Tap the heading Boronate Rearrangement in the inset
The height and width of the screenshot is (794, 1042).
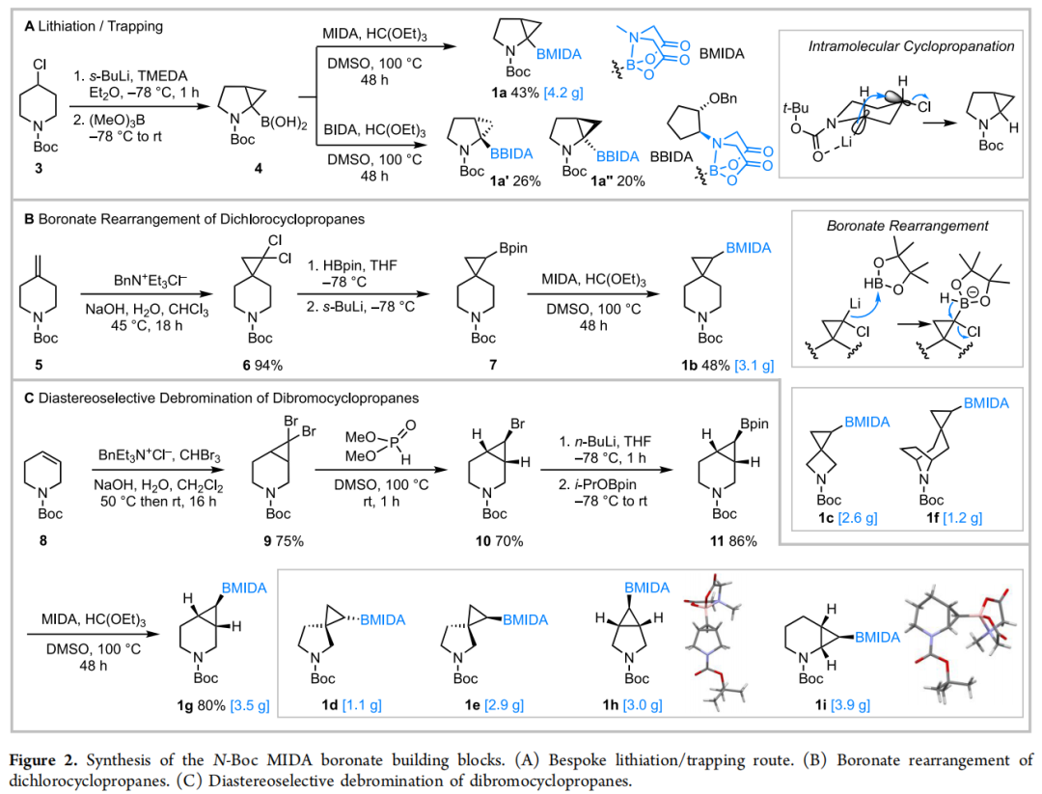point(907,227)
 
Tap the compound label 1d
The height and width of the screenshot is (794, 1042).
point(331,705)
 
